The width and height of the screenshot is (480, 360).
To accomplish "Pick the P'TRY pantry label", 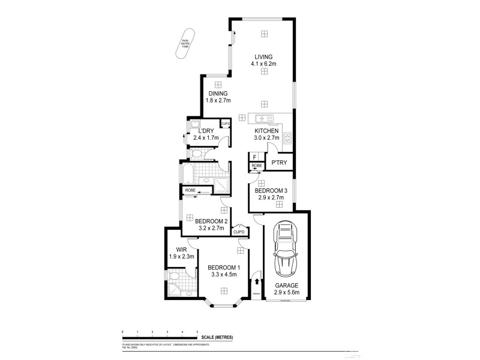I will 280,163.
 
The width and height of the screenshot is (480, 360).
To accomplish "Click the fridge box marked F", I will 254,157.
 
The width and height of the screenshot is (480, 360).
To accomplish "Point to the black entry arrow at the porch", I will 257,280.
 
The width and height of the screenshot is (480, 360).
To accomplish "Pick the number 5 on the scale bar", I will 197,331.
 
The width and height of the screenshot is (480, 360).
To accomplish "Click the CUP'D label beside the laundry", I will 226,124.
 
